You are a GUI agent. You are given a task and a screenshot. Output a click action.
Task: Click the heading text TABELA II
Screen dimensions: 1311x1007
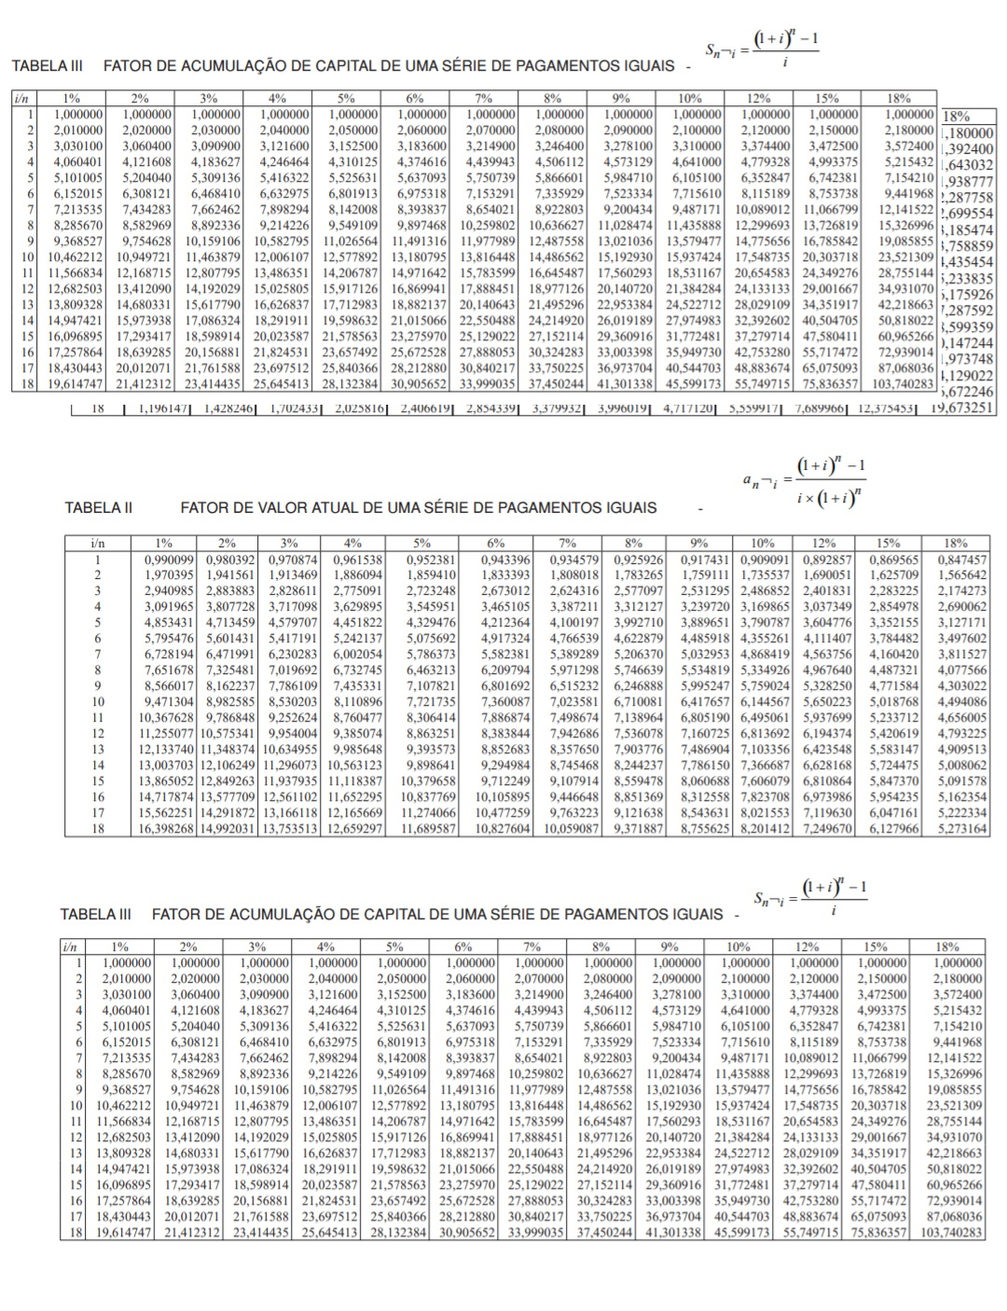tap(98, 508)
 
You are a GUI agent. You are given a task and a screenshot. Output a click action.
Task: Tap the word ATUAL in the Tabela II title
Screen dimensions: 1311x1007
tap(322, 508)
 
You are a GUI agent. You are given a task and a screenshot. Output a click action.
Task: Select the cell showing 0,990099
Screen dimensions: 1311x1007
tap(165, 560)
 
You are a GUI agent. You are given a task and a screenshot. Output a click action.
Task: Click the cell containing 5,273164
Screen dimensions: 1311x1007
tap(964, 827)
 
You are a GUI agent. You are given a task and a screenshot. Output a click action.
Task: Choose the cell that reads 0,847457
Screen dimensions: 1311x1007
tap(964, 560)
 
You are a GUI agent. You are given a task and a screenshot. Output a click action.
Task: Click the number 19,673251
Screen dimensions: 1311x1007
tap(956, 407)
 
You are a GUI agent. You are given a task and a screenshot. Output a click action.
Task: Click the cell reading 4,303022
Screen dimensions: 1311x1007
tap(964, 685)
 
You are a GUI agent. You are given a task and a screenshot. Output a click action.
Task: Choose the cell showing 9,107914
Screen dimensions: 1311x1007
tap(578, 780)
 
